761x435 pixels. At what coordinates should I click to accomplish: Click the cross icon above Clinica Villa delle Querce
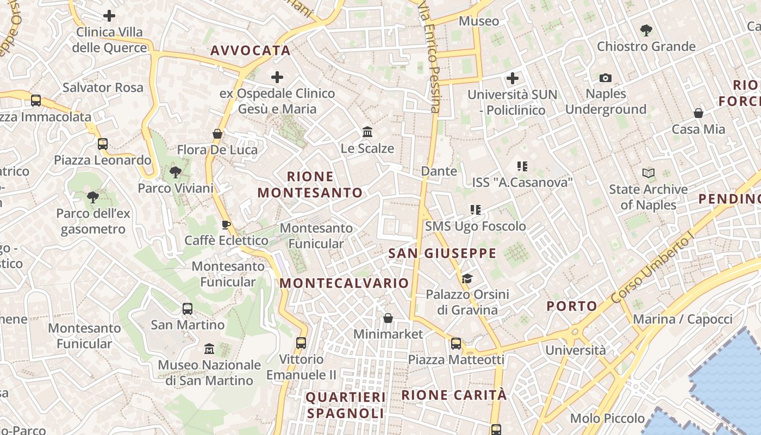(x=109, y=16)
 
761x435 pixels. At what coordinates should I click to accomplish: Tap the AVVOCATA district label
(x=250, y=51)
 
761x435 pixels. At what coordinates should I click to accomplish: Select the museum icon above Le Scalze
(x=367, y=132)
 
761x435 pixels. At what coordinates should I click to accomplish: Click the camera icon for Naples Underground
(x=606, y=78)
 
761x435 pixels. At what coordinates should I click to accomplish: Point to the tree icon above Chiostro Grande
(x=646, y=30)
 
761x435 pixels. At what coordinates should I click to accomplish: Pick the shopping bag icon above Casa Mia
(x=698, y=114)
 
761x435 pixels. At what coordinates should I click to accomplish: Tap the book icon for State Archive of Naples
(x=648, y=173)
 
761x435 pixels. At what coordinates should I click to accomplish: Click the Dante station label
(x=439, y=171)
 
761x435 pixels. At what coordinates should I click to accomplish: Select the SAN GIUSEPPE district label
(x=442, y=253)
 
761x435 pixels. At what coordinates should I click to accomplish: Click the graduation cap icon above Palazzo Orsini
(x=467, y=279)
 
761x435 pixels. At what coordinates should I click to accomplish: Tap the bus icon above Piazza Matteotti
(x=456, y=344)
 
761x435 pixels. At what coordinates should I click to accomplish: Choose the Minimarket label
(x=388, y=334)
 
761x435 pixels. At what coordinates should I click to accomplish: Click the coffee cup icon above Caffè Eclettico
(x=226, y=225)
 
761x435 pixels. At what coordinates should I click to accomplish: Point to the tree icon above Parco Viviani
(x=175, y=172)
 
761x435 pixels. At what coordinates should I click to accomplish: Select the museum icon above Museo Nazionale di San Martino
(x=209, y=349)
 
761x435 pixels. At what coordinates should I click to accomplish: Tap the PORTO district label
(x=572, y=306)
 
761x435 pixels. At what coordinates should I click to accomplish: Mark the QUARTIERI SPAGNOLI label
(x=346, y=405)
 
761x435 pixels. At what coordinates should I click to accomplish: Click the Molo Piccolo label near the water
(x=607, y=419)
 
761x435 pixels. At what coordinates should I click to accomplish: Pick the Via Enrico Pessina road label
(x=429, y=57)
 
